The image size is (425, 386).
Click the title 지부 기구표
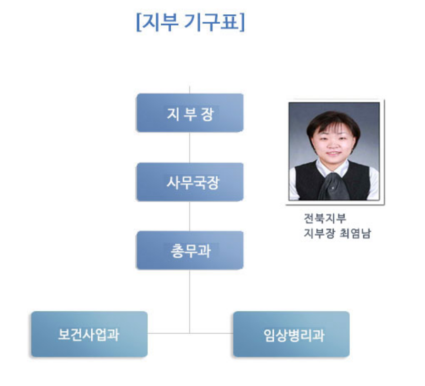tap(190, 22)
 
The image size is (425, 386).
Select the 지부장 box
tap(190, 113)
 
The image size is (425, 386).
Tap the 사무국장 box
tap(190, 182)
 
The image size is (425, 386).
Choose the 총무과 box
tap(190, 250)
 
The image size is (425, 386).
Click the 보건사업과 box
tap(89, 334)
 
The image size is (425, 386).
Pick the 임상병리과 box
tap(291, 334)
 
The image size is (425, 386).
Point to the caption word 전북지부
tap(325, 218)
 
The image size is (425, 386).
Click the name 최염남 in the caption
tap(355, 233)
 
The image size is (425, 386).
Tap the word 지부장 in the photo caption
tap(319, 233)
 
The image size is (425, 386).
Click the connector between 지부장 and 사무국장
tap(190, 148)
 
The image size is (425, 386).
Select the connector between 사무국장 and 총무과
tap(190, 217)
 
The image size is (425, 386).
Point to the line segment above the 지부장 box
tap(190, 90)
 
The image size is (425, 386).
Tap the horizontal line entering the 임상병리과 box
tap(212, 333)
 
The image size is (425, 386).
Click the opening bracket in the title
tap(138, 22)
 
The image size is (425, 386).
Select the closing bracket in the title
tap(242, 22)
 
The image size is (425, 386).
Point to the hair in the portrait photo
tap(333, 121)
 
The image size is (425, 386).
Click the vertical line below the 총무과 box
tap(190, 301)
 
